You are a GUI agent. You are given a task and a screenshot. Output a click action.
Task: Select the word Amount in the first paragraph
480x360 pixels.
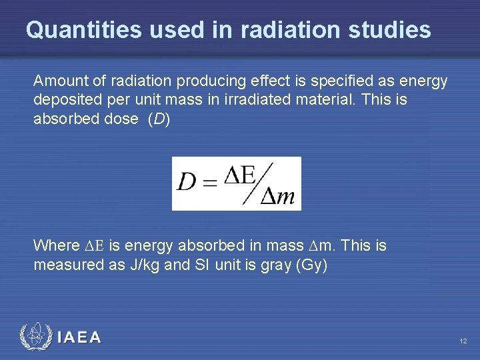click(x=57, y=81)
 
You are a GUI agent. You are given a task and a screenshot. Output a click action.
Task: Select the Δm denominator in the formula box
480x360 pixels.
click(x=277, y=196)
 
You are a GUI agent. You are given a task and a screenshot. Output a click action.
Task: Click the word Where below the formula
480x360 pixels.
click(x=55, y=245)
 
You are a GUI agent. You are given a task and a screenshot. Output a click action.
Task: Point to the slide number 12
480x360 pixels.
click(x=463, y=341)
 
